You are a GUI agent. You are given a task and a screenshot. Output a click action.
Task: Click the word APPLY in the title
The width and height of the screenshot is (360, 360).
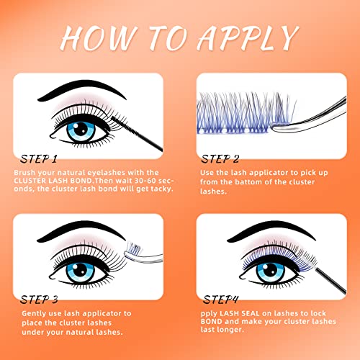(248, 38)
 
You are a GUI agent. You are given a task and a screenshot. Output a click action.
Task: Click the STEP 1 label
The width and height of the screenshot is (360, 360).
(39, 159)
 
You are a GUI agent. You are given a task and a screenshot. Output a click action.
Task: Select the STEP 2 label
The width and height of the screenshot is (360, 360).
(220, 159)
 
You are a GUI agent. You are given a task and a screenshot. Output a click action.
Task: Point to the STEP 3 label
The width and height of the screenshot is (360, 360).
(39, 300)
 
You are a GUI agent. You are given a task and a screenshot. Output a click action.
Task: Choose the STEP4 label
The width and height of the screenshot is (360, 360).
(221, 300)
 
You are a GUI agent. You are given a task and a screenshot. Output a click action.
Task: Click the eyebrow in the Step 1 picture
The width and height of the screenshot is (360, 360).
(81, 90)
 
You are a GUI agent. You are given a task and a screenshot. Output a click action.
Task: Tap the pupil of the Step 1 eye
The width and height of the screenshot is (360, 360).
(81, 130)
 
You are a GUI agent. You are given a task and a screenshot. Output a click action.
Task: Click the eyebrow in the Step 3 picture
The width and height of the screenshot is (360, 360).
(81, 231)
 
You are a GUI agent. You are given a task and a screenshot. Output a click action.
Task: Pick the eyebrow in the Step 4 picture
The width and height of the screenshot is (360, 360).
(271, 232)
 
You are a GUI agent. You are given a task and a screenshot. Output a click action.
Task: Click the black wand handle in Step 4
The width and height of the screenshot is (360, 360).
(330, 282)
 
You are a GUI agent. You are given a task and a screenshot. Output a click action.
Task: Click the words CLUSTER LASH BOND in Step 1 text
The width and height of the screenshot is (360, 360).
(53, 181)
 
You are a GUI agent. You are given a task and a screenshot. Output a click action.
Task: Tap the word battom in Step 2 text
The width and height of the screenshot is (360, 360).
(248, 181)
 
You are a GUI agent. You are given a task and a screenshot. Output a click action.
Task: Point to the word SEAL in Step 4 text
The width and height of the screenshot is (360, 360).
(251, 313)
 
